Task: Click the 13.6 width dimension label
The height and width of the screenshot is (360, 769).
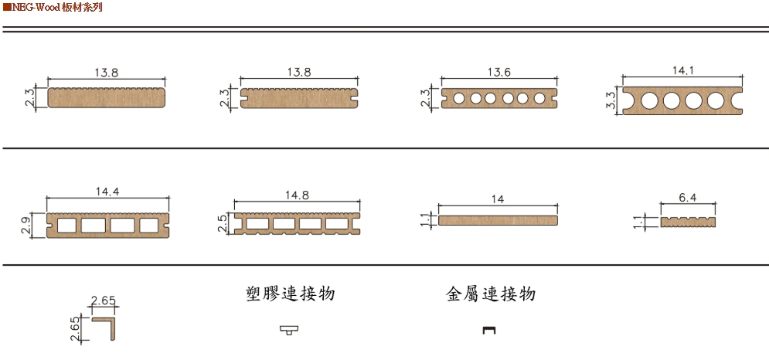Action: click(498, 72)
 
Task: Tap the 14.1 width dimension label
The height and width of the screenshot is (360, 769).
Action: click(683, 70)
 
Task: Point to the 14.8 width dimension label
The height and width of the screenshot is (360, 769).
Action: click(298, 195)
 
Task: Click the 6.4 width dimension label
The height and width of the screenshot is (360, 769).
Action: click(687, 198)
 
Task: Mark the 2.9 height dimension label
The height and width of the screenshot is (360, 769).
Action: click(26, 226)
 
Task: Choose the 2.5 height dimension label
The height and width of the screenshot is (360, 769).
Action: click(223, 224)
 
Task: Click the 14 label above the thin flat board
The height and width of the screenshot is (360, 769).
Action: click(498, 199)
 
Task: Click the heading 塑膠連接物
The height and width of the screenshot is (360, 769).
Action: click(289, 294)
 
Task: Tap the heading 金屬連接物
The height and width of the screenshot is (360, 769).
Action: click(491, 294)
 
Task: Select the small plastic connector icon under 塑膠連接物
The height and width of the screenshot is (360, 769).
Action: click(289, 331)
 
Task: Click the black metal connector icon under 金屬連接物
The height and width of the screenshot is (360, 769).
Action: click(488, 331)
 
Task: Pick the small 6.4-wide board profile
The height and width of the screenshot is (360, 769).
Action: click(687, 222)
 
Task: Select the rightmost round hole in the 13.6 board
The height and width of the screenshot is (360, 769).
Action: click(539, 99)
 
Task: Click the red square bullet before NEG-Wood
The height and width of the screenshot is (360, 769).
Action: click(6, 7)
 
